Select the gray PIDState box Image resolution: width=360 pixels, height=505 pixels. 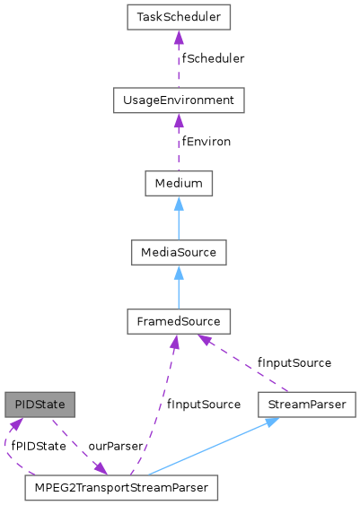pyautogui.click(x=39, y=405)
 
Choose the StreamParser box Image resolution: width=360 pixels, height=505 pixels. pyautogui.click(x=307, y=405)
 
